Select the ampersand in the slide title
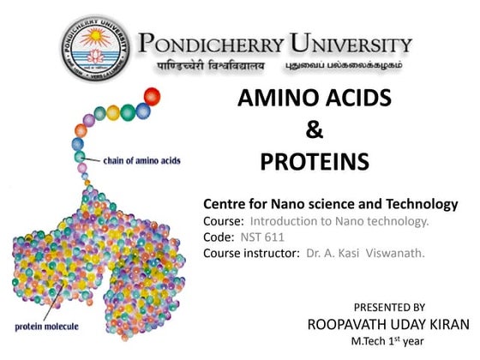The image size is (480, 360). (314, 130)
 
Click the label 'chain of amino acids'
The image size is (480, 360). (142, 160)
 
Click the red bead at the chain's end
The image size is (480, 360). (153, 94)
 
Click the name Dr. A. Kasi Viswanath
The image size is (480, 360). (365, 253)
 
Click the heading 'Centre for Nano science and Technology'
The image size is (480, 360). (331, 205)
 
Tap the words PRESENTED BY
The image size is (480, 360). (389, 307)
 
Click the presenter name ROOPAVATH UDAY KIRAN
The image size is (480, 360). (388, 324)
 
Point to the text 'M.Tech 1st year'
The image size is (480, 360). (388, 341)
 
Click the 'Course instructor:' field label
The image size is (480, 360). (251, 253)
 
